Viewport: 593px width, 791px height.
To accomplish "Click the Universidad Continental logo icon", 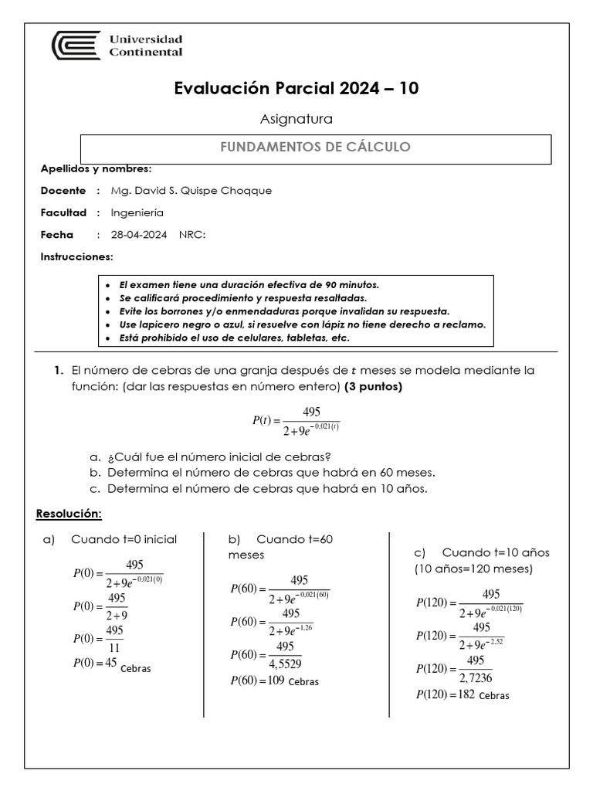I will (75, 46).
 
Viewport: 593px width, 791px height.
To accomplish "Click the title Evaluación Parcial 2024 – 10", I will (297, 89).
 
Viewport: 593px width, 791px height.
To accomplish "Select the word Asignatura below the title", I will (297, 119).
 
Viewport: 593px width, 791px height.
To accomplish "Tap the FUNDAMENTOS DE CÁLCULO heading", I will (316, 147).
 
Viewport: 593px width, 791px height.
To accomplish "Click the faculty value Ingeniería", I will (137, 212).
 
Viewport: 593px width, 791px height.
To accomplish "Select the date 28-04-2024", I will (139, 235).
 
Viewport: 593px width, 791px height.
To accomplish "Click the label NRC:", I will (192, 235).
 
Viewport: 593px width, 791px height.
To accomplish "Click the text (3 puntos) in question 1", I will (373, 386).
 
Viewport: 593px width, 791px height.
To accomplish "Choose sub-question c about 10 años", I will (266, 488).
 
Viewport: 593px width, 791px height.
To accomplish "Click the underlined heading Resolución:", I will (69, 514).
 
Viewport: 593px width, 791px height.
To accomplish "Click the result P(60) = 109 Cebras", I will (274, 681).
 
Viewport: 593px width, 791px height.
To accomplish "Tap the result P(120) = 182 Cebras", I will (462, 694).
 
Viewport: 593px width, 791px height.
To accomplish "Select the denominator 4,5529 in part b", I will (285, 663).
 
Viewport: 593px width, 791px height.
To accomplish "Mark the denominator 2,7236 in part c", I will (475, 677).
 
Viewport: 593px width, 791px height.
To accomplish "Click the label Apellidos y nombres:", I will (96, 168).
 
